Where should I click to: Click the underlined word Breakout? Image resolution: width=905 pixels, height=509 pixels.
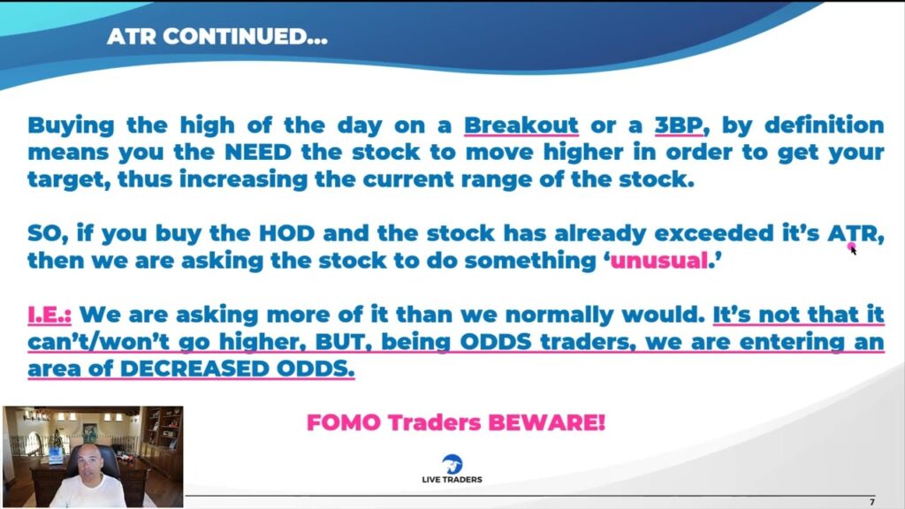pos(521,125)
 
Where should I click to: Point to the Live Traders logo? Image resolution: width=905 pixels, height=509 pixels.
pos(452,468)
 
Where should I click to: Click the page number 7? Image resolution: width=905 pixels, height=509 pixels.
pos(871,501)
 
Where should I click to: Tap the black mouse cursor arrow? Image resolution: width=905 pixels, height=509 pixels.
pos(854,250)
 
